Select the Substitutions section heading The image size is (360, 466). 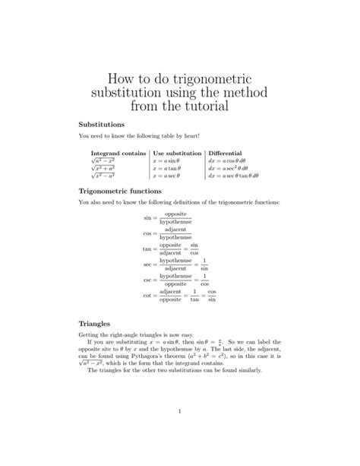(x=103, y=122)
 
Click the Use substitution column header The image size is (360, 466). (x=177, y=154)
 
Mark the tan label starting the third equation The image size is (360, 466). (x=147, y=249)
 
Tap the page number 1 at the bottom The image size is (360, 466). (x=180, y=412)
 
